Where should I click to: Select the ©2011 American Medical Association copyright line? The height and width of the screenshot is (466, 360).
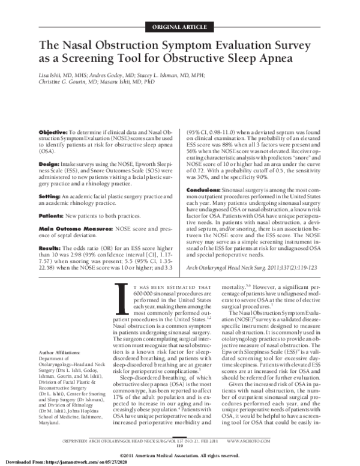180,453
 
